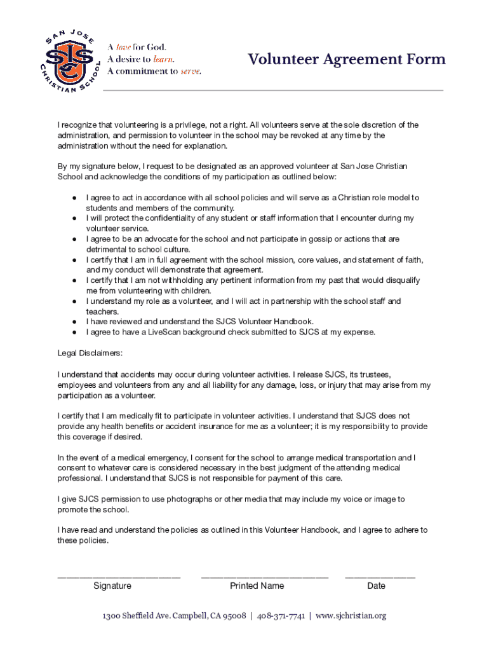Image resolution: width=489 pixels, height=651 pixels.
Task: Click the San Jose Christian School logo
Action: click(70, 60)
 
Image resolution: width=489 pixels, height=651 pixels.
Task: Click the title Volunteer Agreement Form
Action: click(346, 60)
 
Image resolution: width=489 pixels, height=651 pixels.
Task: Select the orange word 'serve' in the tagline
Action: click(191, 71)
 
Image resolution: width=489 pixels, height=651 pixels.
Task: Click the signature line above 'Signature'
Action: click(119, 577)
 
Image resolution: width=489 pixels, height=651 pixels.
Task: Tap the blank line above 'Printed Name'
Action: click(264, 577)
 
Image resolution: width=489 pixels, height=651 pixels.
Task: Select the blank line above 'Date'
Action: click(380, 577)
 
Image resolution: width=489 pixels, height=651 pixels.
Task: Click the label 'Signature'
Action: click(112, 586)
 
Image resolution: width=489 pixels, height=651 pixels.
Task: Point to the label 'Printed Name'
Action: click(257, 586)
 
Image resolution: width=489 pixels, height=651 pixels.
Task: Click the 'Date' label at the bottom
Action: click(376, 586)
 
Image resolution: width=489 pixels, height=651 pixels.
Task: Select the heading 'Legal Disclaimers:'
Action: click(90, 353)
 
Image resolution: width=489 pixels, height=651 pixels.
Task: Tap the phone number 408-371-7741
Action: click(281, 616)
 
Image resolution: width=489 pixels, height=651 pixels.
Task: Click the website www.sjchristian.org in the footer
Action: click(351, 616)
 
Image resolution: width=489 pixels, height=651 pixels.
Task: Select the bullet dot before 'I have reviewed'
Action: click(74, 322)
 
